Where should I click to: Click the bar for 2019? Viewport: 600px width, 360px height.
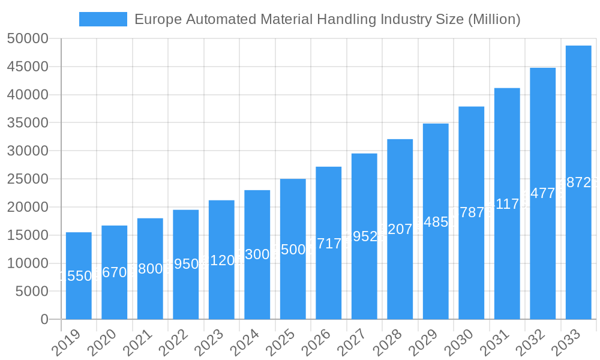79,276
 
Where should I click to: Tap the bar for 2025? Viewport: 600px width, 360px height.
293,249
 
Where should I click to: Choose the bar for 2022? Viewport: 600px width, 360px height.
186,264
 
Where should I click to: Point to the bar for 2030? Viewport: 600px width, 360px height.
472,212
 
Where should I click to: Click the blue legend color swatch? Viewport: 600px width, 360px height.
103,19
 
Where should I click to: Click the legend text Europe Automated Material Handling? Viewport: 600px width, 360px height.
327,19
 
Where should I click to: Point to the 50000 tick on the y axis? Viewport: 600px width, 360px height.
27,39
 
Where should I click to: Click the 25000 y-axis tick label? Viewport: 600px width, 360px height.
27,179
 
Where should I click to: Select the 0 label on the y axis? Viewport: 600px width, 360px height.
44,319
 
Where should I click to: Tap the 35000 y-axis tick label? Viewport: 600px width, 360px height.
27,123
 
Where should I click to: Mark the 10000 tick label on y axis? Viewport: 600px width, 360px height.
27,263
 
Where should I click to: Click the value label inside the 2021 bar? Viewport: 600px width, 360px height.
150,269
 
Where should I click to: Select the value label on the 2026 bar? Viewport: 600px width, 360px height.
329,243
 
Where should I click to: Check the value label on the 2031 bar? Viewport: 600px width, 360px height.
507,204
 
